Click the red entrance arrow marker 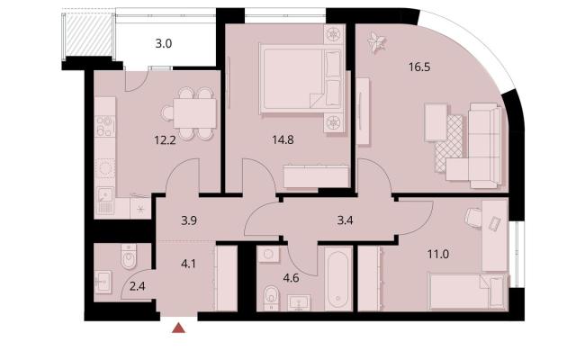(178, 328)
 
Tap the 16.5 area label (419, 67)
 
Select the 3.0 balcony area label (164, 44)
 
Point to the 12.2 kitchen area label (165, 140)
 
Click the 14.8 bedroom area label (283, 140)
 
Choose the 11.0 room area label (438, 254)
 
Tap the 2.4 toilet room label (138, 286)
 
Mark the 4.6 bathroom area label (291, 278)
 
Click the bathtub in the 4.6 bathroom (338, 279)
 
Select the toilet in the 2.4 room (129, 256)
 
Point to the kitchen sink (105, 201)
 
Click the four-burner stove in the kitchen (104, 126)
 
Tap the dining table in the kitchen (194, 113)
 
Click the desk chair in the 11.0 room (473, 218)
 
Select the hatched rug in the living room (449, 143)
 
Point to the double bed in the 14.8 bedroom (301, 79)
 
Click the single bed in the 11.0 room (468, 292)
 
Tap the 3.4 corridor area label (345, 220)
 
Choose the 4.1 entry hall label (188, 264)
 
